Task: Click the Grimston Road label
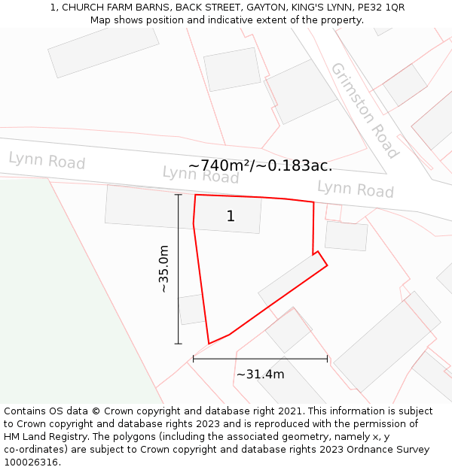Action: click(x=364, y=111)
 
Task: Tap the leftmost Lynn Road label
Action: click(x=47, y=160)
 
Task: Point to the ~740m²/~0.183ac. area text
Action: click(x=260, y=165)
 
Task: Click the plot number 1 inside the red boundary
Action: click(x=231, y=217)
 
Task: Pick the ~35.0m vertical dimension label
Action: click(x=163, y=268)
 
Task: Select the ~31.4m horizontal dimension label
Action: click(x=260, y=374)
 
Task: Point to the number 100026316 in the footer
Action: click(x=30, y=462)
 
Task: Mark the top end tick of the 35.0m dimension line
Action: click(x=179, y=195)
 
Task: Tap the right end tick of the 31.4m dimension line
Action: click(x=328, y=359)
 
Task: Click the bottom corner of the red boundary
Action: click(x=209, y=344)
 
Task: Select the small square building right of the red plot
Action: click(x=347, y=235)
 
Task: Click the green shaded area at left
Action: click(x=60, y=301)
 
